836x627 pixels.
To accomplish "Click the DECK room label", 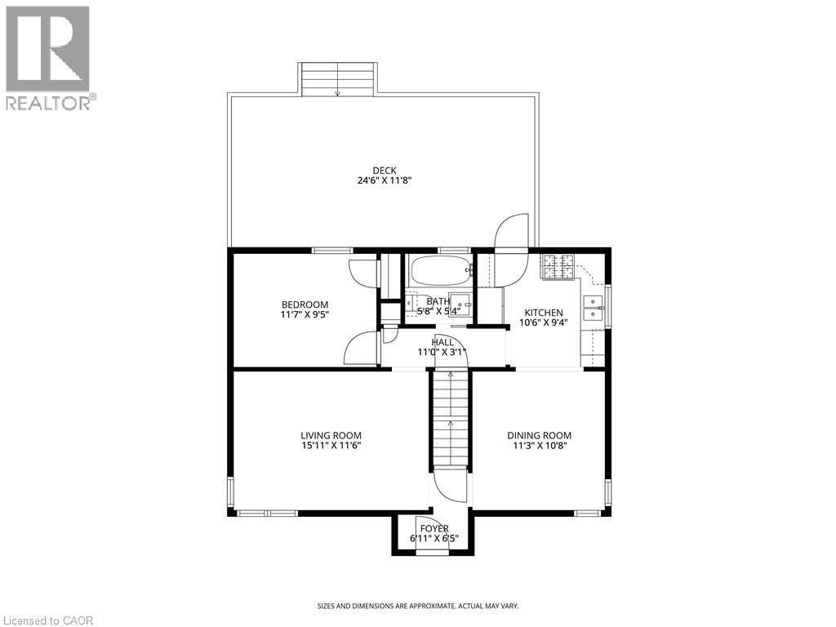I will coord(385,171).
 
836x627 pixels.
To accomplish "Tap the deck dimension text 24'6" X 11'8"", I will coord(385,181).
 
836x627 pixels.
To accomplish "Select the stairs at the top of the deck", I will coord(338,79).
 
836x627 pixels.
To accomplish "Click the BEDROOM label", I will coord(305,305).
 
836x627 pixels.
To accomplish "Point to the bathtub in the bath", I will coord(440,269).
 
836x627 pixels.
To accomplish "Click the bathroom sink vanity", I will coord(460,304).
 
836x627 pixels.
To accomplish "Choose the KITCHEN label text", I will coord(543,313).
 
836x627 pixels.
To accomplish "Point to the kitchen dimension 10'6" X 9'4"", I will coord(543,323).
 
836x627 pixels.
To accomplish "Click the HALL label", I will coord(442,342).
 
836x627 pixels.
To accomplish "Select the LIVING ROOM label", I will coord(331,435).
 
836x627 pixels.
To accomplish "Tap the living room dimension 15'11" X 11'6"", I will coord(331,446).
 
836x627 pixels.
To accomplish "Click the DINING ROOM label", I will coord(539,435).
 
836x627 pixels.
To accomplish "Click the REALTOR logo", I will coord(49,57).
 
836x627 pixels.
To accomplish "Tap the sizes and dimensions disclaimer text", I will coord(417,606).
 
